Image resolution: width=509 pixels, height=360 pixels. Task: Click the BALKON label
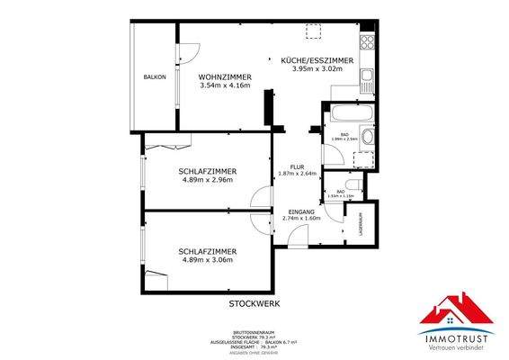tap(154, 78)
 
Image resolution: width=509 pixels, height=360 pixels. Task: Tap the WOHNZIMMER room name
tap(224, 78)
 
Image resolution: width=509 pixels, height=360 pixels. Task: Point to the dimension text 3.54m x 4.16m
tap(224, 88)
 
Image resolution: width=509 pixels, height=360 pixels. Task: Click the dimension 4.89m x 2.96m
tap(208, 179)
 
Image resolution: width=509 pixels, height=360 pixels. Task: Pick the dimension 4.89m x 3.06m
tap(207, 260)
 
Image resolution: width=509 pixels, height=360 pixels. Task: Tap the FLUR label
tap(285, 166)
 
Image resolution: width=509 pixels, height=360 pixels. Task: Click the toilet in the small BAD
tap(354, 186)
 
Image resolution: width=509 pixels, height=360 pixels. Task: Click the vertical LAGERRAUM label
tap(361, 223)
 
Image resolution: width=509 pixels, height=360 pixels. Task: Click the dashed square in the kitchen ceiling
tap(315, 32)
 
